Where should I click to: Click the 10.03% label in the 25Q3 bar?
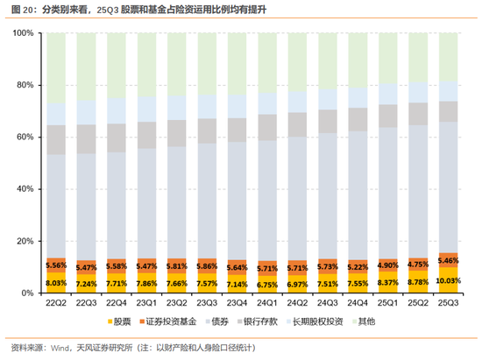pyautogui.click(x=448, y=282)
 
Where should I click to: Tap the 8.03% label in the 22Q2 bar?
pyautogui.click(x=56, y=283)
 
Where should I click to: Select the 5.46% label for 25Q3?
pyautogui.click(x=448, y=261)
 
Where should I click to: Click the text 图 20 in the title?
pyautogui.click(x=18, y=9)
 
